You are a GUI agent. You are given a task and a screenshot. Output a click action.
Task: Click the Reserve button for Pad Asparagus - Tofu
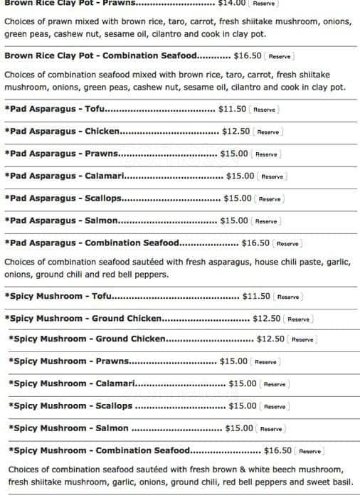pyautogui.click(x=264, y=110)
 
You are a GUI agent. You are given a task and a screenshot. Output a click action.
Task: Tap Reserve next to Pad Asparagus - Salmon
pyautogui.click(x=266, y=221)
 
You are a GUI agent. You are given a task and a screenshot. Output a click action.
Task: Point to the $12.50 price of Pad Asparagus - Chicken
pyautogui.click(x=235, y=131)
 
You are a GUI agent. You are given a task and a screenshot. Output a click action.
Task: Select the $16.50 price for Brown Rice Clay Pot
pyautogui.click(x=248, y=55)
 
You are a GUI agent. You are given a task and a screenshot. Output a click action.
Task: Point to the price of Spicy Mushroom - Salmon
pyautogui.click(x=239, y=428)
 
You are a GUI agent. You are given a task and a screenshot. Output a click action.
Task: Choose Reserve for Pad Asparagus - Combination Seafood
pyautogui.click(x=287, y=243)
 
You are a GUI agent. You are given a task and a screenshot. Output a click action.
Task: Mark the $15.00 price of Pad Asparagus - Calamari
pyautogui.click(x=240, y=176)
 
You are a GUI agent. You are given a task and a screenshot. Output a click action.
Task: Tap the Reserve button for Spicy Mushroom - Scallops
pyautogui.click(x=275, y=406)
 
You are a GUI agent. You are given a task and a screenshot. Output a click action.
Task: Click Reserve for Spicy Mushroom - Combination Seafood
pyautogui.click(x=309, y=451)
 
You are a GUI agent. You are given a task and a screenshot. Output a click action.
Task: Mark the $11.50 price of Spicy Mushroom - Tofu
pyautogui.click(x=256, y=296)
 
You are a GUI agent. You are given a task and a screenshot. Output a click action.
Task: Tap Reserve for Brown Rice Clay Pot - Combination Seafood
pyautogui.click(x=280, y=55)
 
